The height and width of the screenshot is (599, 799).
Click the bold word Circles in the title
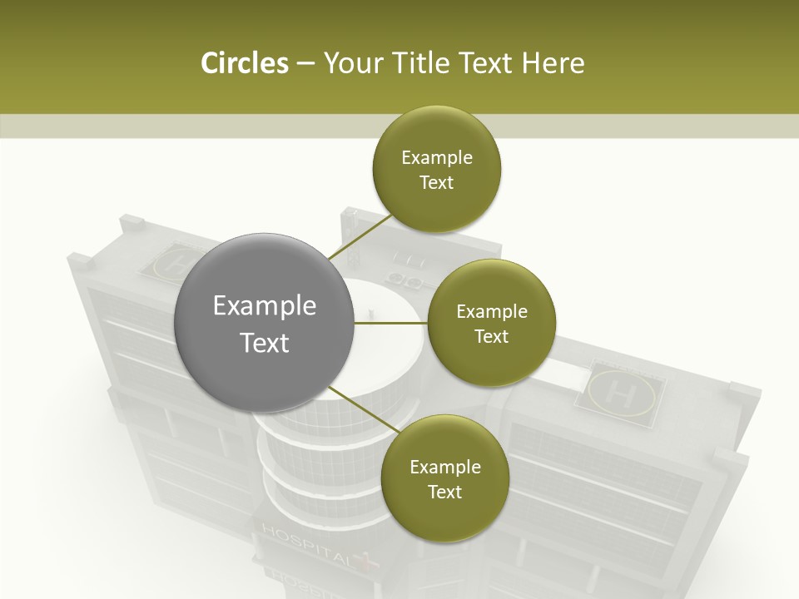coord(244,63)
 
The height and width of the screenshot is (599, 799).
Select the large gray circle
coord(265,324)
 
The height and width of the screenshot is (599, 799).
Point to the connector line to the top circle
coord(360,236)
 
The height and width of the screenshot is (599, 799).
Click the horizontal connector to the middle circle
coord(391,323)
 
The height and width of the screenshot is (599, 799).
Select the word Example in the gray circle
coord(265,306)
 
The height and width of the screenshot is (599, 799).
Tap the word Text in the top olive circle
coord(436,183)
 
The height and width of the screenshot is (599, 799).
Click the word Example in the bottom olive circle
coord(445,467)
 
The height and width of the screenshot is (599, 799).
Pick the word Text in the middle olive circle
coord(491,337)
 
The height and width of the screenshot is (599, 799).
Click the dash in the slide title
coord(305,64)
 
